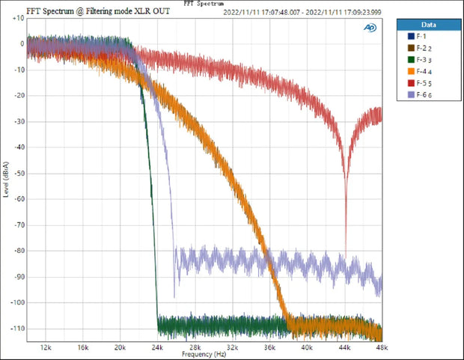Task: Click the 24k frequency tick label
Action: click(157, 348)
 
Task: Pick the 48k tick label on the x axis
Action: click(380, 348)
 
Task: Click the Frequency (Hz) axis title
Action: click(204, 354)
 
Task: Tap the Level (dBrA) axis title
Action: click(5, 180)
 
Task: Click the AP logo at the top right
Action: click(370, 27)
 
